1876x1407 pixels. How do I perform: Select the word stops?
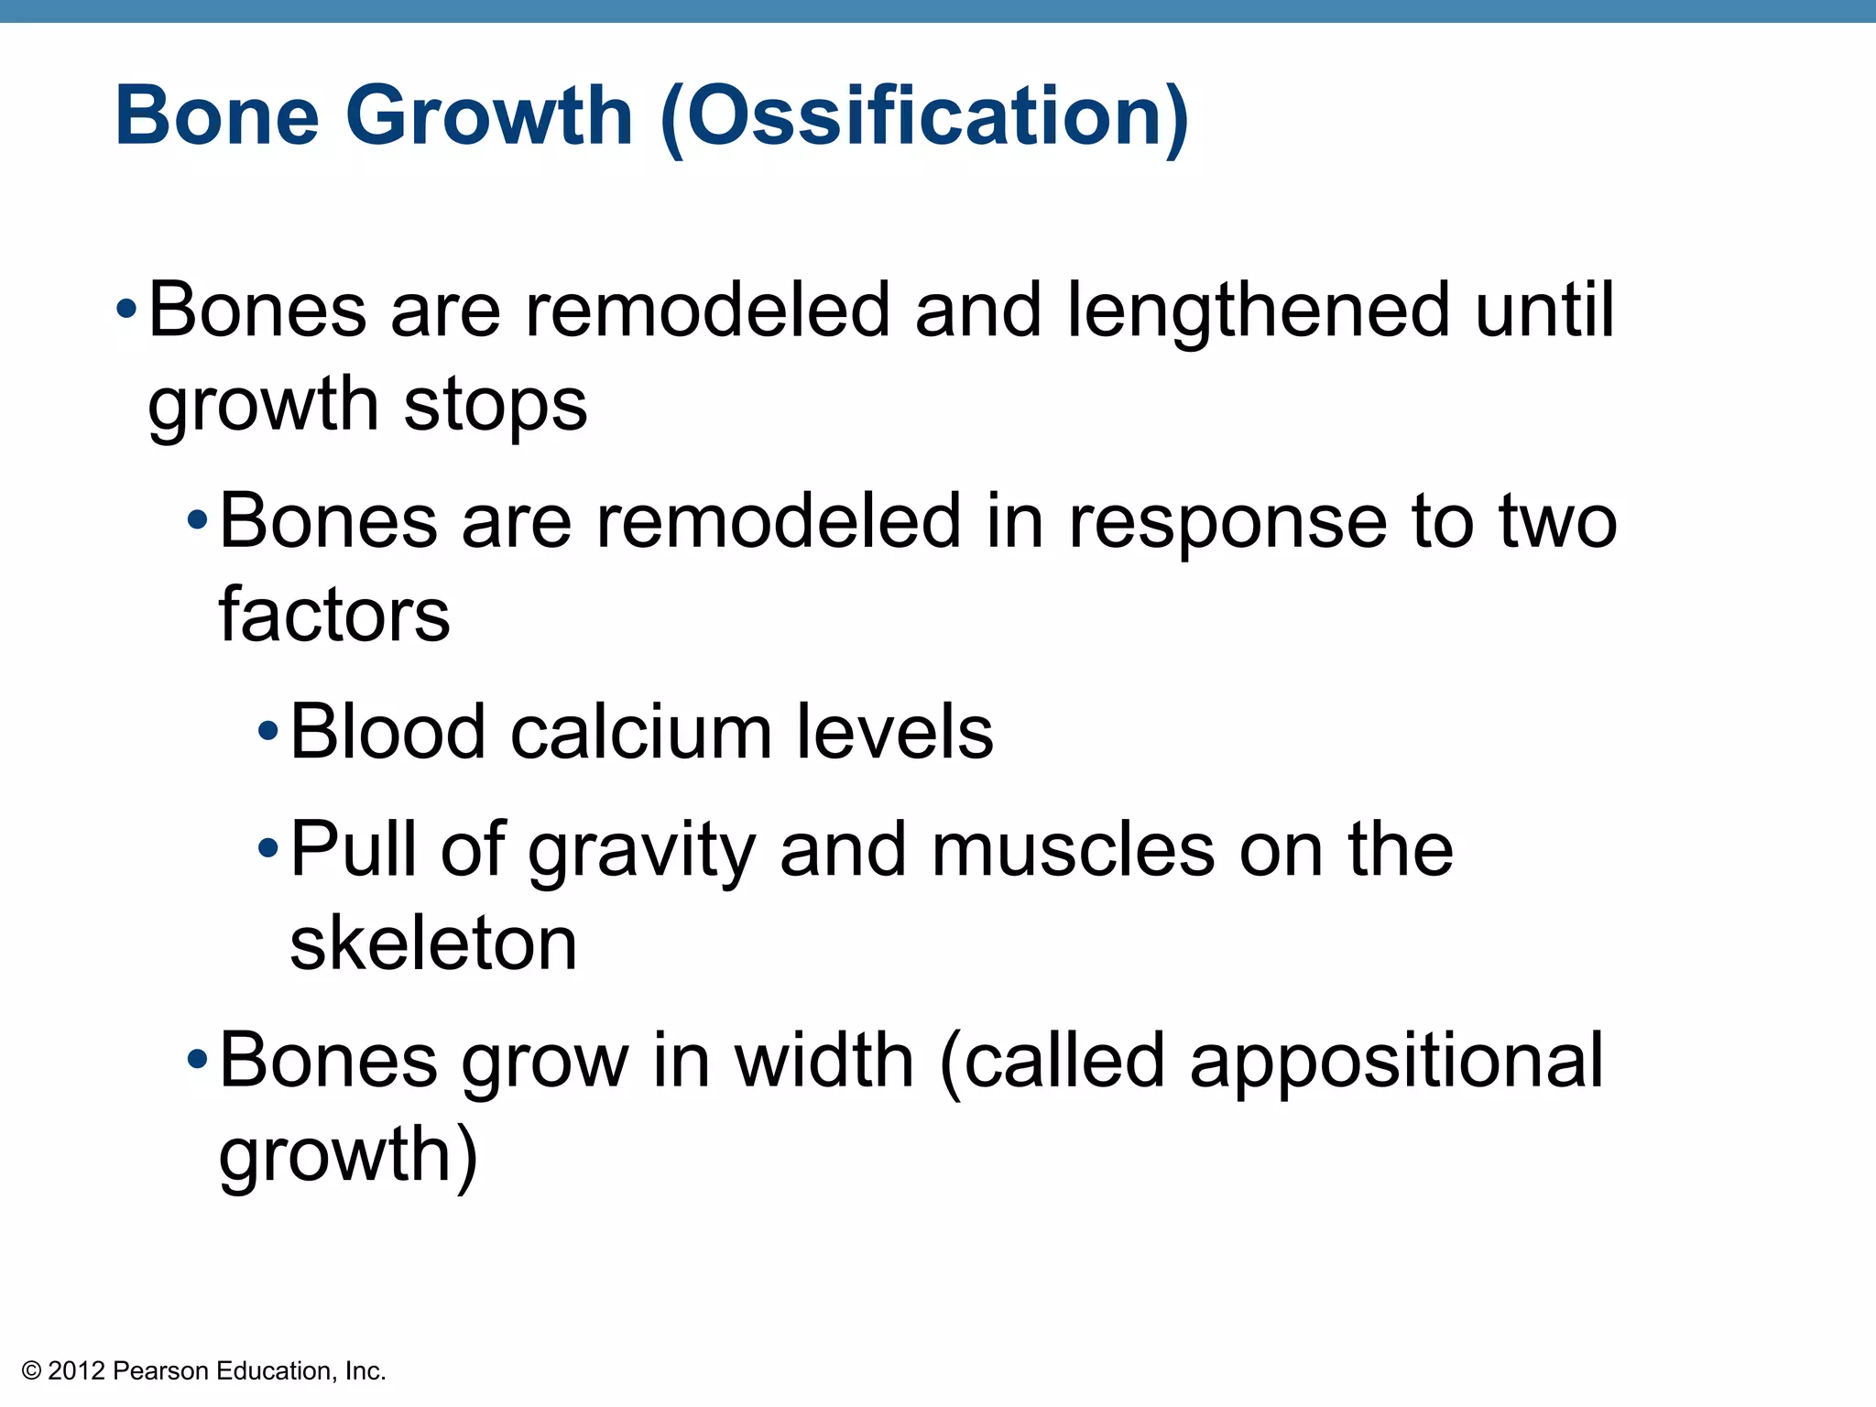pyautogui.click(x=495, y=405)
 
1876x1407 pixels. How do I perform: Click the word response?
pyautogui.click(x=1227, y=522)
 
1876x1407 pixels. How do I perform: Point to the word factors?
pyautogui.click(x=334, y=615)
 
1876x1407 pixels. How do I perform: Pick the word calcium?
pyautogui.click(x=641, y=732)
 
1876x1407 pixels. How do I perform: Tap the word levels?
pyautogui.click(x=894, y=732)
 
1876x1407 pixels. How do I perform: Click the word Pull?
pyautogui.click(x=353, y=849)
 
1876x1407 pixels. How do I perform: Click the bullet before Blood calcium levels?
pyautogui.click(x=267, y=731)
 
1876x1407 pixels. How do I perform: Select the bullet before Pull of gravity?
pyautogui.click(x=267, y=847)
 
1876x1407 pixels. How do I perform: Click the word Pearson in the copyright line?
pyautogui.click(x=161, y=1371)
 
